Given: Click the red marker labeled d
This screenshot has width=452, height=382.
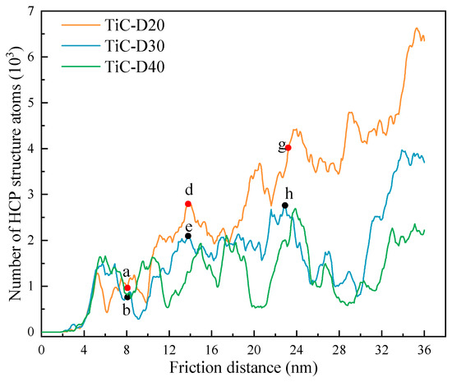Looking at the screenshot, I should point(188,204).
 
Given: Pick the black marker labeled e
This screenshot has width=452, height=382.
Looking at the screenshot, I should point(188,237).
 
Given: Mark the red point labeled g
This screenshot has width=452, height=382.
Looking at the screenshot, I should point(288,148).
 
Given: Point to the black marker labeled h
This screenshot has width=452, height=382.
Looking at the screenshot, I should point(285,205).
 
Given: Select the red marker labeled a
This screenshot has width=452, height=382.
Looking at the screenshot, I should point(127,288).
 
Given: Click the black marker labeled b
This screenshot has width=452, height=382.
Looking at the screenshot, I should point(127,297).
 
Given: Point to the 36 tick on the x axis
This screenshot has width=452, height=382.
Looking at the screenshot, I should point(424,348).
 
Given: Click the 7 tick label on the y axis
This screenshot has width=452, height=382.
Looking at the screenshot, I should point(31,12).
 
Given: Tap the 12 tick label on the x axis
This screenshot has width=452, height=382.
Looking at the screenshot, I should point(169,348).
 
